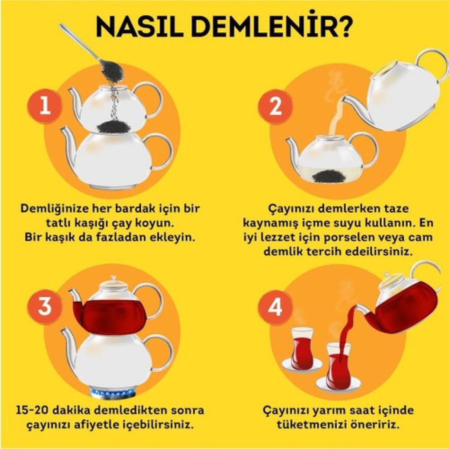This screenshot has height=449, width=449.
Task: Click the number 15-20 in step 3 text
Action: (x=29, y=410)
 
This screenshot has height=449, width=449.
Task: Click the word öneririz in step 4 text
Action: (x=375, y=424)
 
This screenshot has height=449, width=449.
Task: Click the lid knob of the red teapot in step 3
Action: (x=114, y=278)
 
